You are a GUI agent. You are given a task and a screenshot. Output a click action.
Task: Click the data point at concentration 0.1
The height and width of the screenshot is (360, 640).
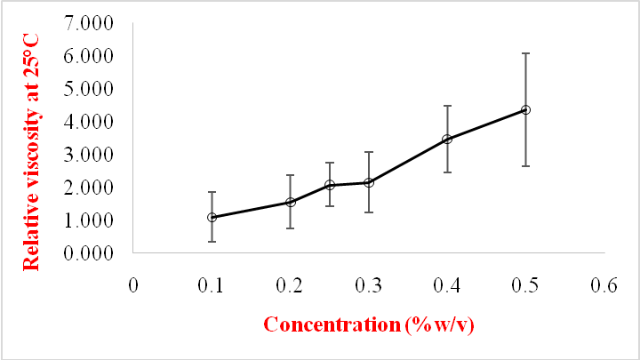click(x=212, y=217)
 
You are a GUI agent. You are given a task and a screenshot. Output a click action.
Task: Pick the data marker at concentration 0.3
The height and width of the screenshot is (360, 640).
click(x=369, y=182)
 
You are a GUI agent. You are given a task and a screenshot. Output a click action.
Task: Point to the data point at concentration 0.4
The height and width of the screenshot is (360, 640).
click(x=447, y=139)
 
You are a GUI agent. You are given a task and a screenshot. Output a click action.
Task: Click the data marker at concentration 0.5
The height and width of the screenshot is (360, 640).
click(x=525, y=109)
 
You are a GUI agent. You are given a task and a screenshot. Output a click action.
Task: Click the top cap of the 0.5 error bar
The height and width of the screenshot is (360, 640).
click(x=525, y=53)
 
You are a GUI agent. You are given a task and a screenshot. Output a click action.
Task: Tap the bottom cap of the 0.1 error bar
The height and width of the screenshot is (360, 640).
click(x=212, y=241)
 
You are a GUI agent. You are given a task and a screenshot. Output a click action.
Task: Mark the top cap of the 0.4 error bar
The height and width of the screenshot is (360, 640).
click(x=447, y=106)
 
